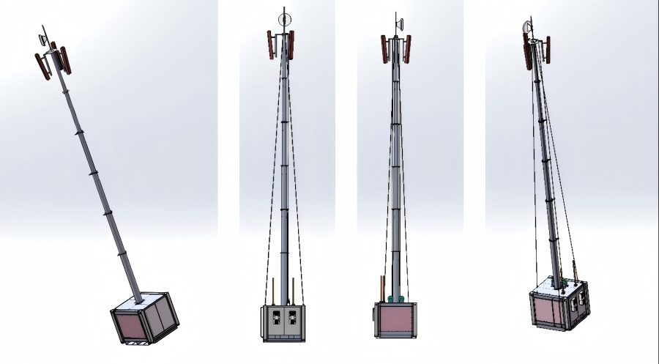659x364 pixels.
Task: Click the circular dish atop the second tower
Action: click(285, 19)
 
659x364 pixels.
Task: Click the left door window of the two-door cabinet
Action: click(277, 319)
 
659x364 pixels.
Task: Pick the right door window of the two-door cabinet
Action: click(293, 319)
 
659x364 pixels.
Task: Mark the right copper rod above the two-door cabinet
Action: click(294, 289)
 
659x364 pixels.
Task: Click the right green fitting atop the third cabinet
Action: click(401, 298)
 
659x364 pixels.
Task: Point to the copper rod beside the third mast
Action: click(381, 287)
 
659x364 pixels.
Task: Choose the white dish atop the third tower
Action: click(399, 24)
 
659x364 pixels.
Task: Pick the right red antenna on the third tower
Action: click(406, 49)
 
